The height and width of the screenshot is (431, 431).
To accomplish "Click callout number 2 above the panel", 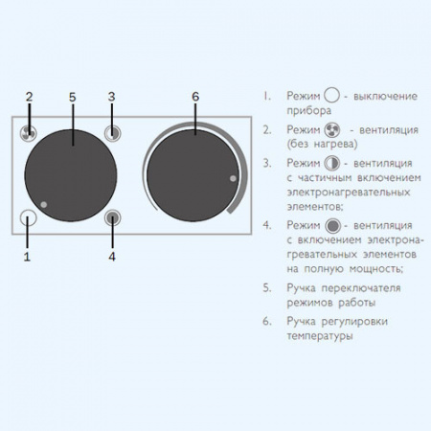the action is point(29,97).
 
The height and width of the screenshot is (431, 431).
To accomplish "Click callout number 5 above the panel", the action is point(73,97).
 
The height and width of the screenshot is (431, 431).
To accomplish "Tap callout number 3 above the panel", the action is point(111,97).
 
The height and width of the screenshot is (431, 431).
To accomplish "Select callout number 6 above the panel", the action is point(195,97).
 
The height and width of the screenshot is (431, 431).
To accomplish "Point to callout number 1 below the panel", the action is point(27,257).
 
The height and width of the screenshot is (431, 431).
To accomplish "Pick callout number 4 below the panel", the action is point(112,257).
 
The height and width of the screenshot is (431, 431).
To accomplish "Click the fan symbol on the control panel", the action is point(28,133).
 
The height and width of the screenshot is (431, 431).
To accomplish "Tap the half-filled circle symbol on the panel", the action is point(113,133).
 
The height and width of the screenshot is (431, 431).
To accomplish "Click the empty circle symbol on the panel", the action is point(28,217).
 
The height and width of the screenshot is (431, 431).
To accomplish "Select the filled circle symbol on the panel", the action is point(113,218).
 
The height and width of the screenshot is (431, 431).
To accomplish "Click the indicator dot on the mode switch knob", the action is point(44,205).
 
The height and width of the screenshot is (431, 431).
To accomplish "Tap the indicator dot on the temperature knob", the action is point(233,178).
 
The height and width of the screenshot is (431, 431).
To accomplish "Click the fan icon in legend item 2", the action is point(332,130).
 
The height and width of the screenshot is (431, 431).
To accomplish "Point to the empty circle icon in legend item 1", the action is point(331,96).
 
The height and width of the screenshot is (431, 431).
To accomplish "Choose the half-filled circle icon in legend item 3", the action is point(332,163).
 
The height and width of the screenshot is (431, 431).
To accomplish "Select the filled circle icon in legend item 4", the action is point(333,226).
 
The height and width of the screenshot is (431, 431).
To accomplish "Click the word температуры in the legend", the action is point(320,336).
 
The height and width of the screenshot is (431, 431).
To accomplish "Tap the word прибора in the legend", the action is point(308,111).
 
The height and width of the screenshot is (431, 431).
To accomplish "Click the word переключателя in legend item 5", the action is point(361,288).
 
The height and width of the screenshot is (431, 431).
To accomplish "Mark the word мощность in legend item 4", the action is point(376,269).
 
